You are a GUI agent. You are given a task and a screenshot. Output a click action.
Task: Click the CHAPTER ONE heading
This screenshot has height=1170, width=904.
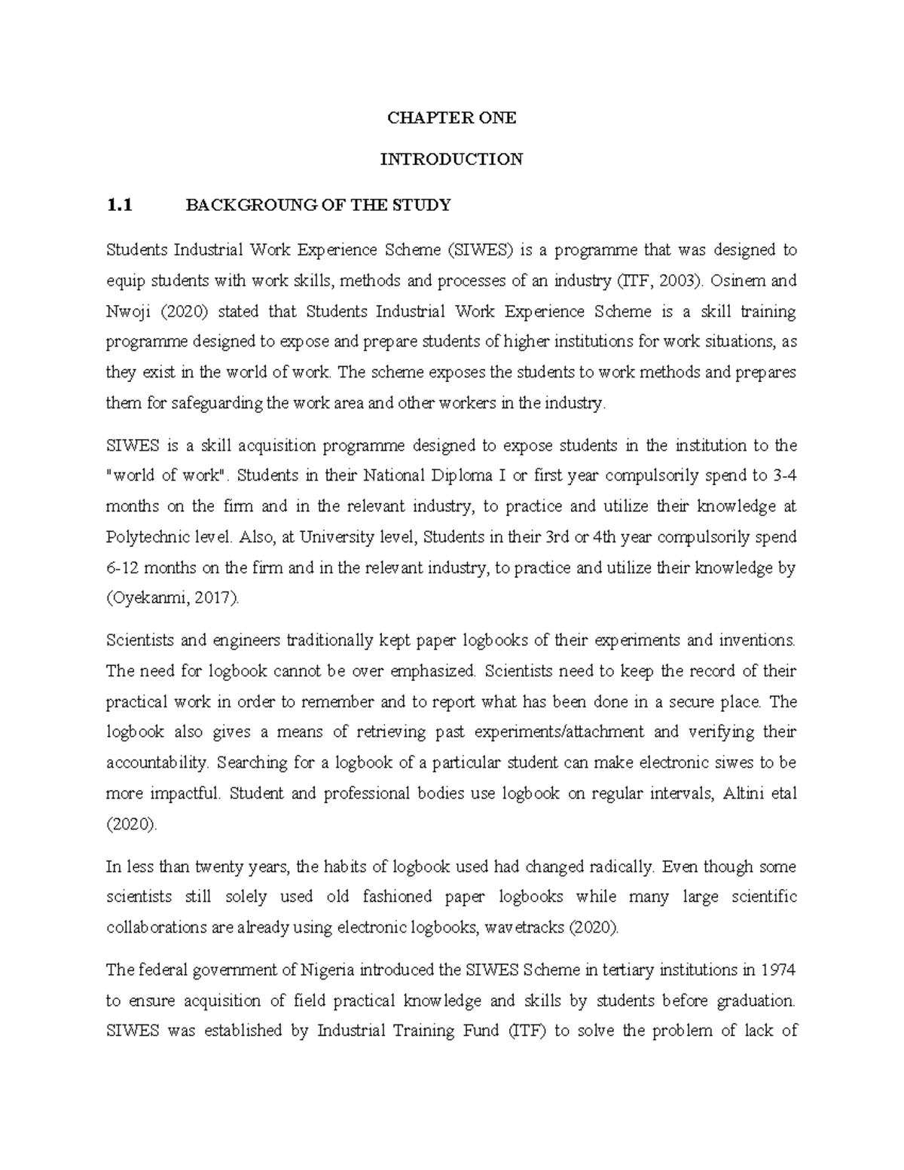pyautogui.click(x=451, y=118)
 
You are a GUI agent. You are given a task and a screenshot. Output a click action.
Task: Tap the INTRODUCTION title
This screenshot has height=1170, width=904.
pyautogui.click(x=451, y=159)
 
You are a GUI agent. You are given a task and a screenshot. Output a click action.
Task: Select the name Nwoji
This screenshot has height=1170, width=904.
pyautogui.click(x=126, y=311)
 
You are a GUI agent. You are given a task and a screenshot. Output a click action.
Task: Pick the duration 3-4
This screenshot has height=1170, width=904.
pyautogui.click(x=782, y=475)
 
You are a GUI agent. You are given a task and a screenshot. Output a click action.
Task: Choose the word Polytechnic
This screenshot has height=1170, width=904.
pyautogui.click(x=146, y=537)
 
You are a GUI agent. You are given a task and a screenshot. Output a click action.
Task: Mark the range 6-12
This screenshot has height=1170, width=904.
pyautogui.click(x=125, y=568)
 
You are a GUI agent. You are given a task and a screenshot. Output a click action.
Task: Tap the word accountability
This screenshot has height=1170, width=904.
pyautogui.click(x=157, y=762)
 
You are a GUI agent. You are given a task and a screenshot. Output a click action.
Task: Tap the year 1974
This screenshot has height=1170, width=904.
pyautogui.click(x=779, y=970)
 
